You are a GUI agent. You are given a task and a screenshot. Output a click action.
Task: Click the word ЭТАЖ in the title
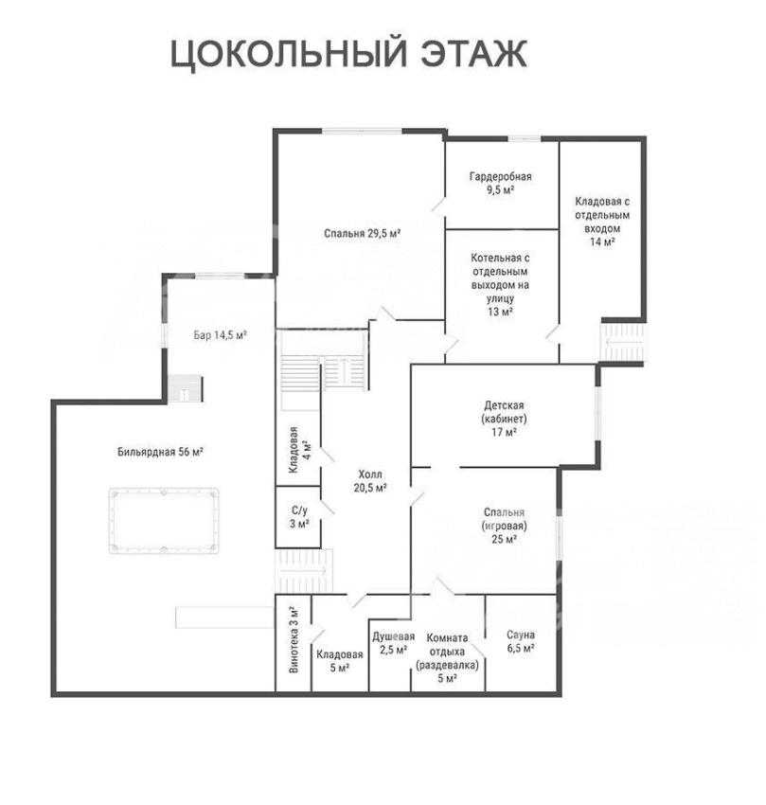(474, 53)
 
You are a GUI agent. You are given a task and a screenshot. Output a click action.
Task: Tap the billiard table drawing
(164, 521)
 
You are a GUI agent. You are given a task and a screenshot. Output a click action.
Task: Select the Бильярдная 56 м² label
(161, 452)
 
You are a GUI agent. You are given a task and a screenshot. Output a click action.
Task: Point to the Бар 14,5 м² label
(221, 335)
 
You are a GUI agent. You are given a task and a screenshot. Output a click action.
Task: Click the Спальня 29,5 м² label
(362, 234)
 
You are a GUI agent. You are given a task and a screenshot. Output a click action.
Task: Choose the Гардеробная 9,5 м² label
(501, 184)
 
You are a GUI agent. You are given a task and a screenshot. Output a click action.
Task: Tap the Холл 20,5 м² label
(370, 480)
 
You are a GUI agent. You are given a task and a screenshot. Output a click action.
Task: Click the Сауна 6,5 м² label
(521, 642)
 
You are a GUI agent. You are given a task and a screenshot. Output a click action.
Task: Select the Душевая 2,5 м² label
(393, 643)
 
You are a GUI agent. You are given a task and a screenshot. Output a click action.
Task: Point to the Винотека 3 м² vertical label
(294, 640)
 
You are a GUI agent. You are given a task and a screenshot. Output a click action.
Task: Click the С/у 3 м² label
(299, 517)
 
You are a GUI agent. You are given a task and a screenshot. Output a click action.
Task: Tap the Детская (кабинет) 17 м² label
(504, 419)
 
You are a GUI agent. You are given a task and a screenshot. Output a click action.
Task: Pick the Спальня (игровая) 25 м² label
(504, 526)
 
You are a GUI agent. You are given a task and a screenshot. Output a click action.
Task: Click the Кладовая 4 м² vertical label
(298, 450)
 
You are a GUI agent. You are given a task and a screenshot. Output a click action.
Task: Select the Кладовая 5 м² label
(339, 661)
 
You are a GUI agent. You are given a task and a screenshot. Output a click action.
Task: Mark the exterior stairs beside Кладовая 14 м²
(623, 343)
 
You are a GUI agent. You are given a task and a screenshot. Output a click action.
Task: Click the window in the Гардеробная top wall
(525, 138)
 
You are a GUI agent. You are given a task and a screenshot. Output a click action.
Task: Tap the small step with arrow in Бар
(185, 388)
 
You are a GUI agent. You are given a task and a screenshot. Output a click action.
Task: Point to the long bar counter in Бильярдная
(223, 617)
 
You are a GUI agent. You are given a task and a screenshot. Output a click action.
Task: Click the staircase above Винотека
(304, 570)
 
